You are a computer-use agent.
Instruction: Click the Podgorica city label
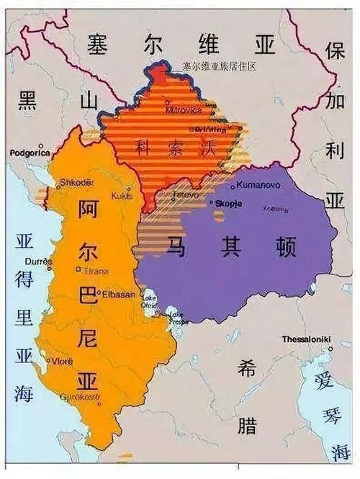pos(30,153)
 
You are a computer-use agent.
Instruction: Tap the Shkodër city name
pos(78,182)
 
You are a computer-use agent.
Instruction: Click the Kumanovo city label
pos(258,185)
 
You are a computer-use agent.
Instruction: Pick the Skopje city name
pos(228,204)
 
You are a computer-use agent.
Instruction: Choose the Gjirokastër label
pos(81,398)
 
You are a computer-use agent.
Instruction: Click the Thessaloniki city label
pos(306,339)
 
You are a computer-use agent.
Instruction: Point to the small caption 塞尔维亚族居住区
pos(220,66)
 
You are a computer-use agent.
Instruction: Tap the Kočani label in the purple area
pos(274,208)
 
